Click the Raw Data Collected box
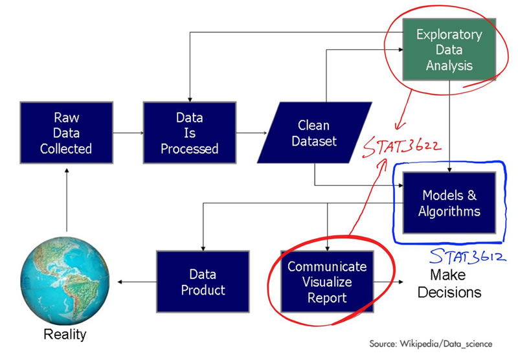pyautogui.click(x=66, y=133)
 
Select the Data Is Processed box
pyautogui.click(x=189, y=133)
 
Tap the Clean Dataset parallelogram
pyautogui.click(x=314, y=133)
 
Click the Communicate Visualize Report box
pyautogui.click(x=327, y=282)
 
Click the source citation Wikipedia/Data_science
pyautogui.click(x=431, y=343)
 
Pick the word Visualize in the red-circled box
pyautogui.click(x=327, y=282)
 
